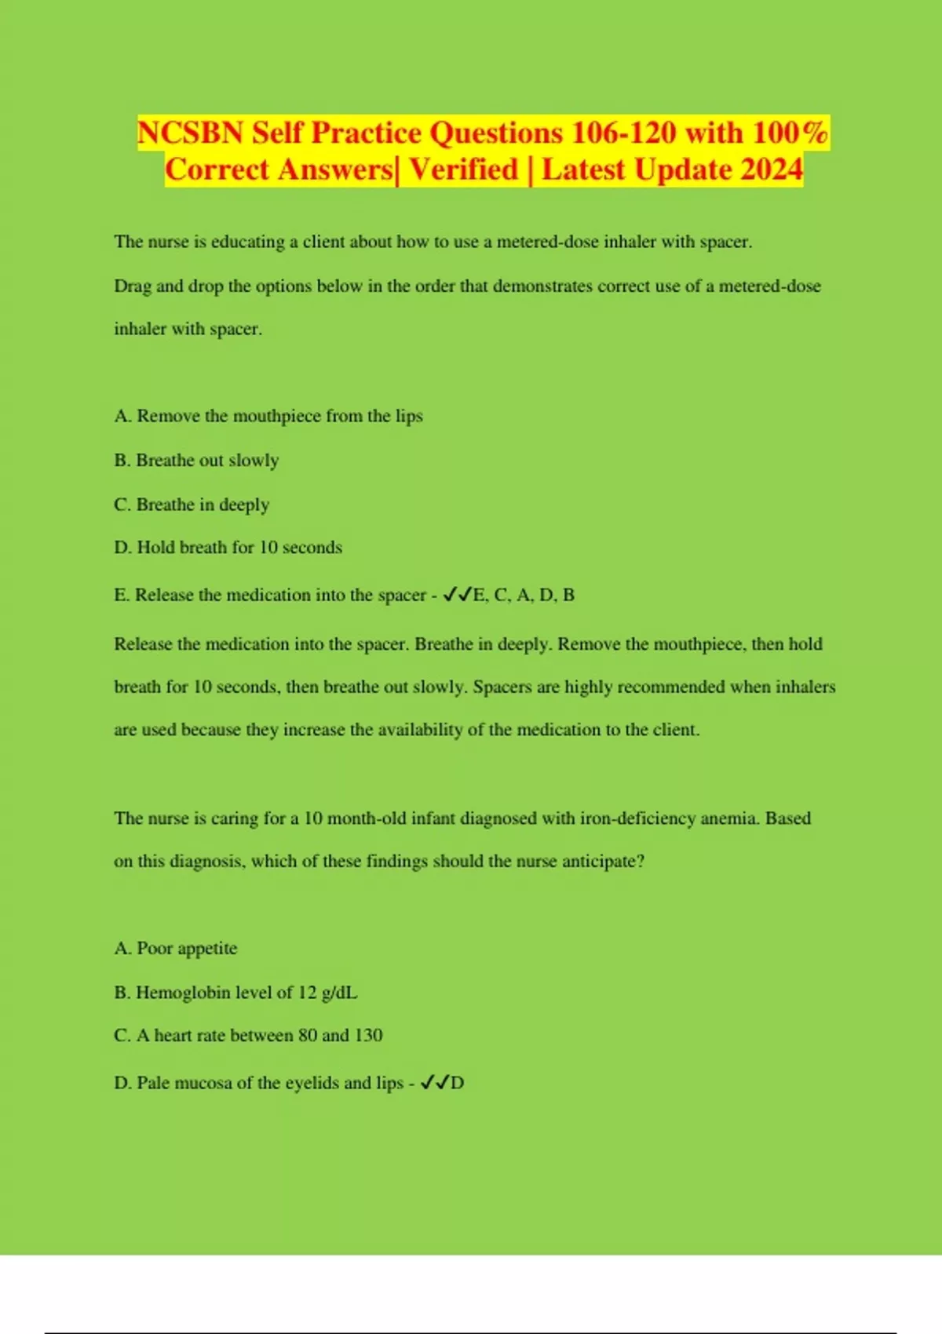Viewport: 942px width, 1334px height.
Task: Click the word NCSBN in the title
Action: click(x=190, y=133)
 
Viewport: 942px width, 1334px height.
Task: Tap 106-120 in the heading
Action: click(x=623, y=133)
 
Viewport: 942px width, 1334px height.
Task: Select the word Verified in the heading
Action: click(x=464, y=169)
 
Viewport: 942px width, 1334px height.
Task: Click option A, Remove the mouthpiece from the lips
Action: click(x=268, y=416)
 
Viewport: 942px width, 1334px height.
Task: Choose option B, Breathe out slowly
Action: click(x=196, y=460)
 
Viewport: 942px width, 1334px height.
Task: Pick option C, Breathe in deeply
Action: click(x=192, y=504)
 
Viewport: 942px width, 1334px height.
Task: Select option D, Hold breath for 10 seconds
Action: click(x=228, y=547)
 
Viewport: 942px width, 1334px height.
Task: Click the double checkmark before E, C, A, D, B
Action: click(x=457, y=595)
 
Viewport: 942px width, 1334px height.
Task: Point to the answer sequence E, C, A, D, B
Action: click(x=524, y=595)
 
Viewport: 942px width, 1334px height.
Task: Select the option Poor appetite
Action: click(x=176, y=948)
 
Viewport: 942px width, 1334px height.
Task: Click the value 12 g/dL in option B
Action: click(x=327, y=993)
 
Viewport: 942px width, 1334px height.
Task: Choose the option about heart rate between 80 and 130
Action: click(x=248, y=1036)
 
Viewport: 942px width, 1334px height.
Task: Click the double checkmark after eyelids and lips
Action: click(x=434, y=1083)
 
